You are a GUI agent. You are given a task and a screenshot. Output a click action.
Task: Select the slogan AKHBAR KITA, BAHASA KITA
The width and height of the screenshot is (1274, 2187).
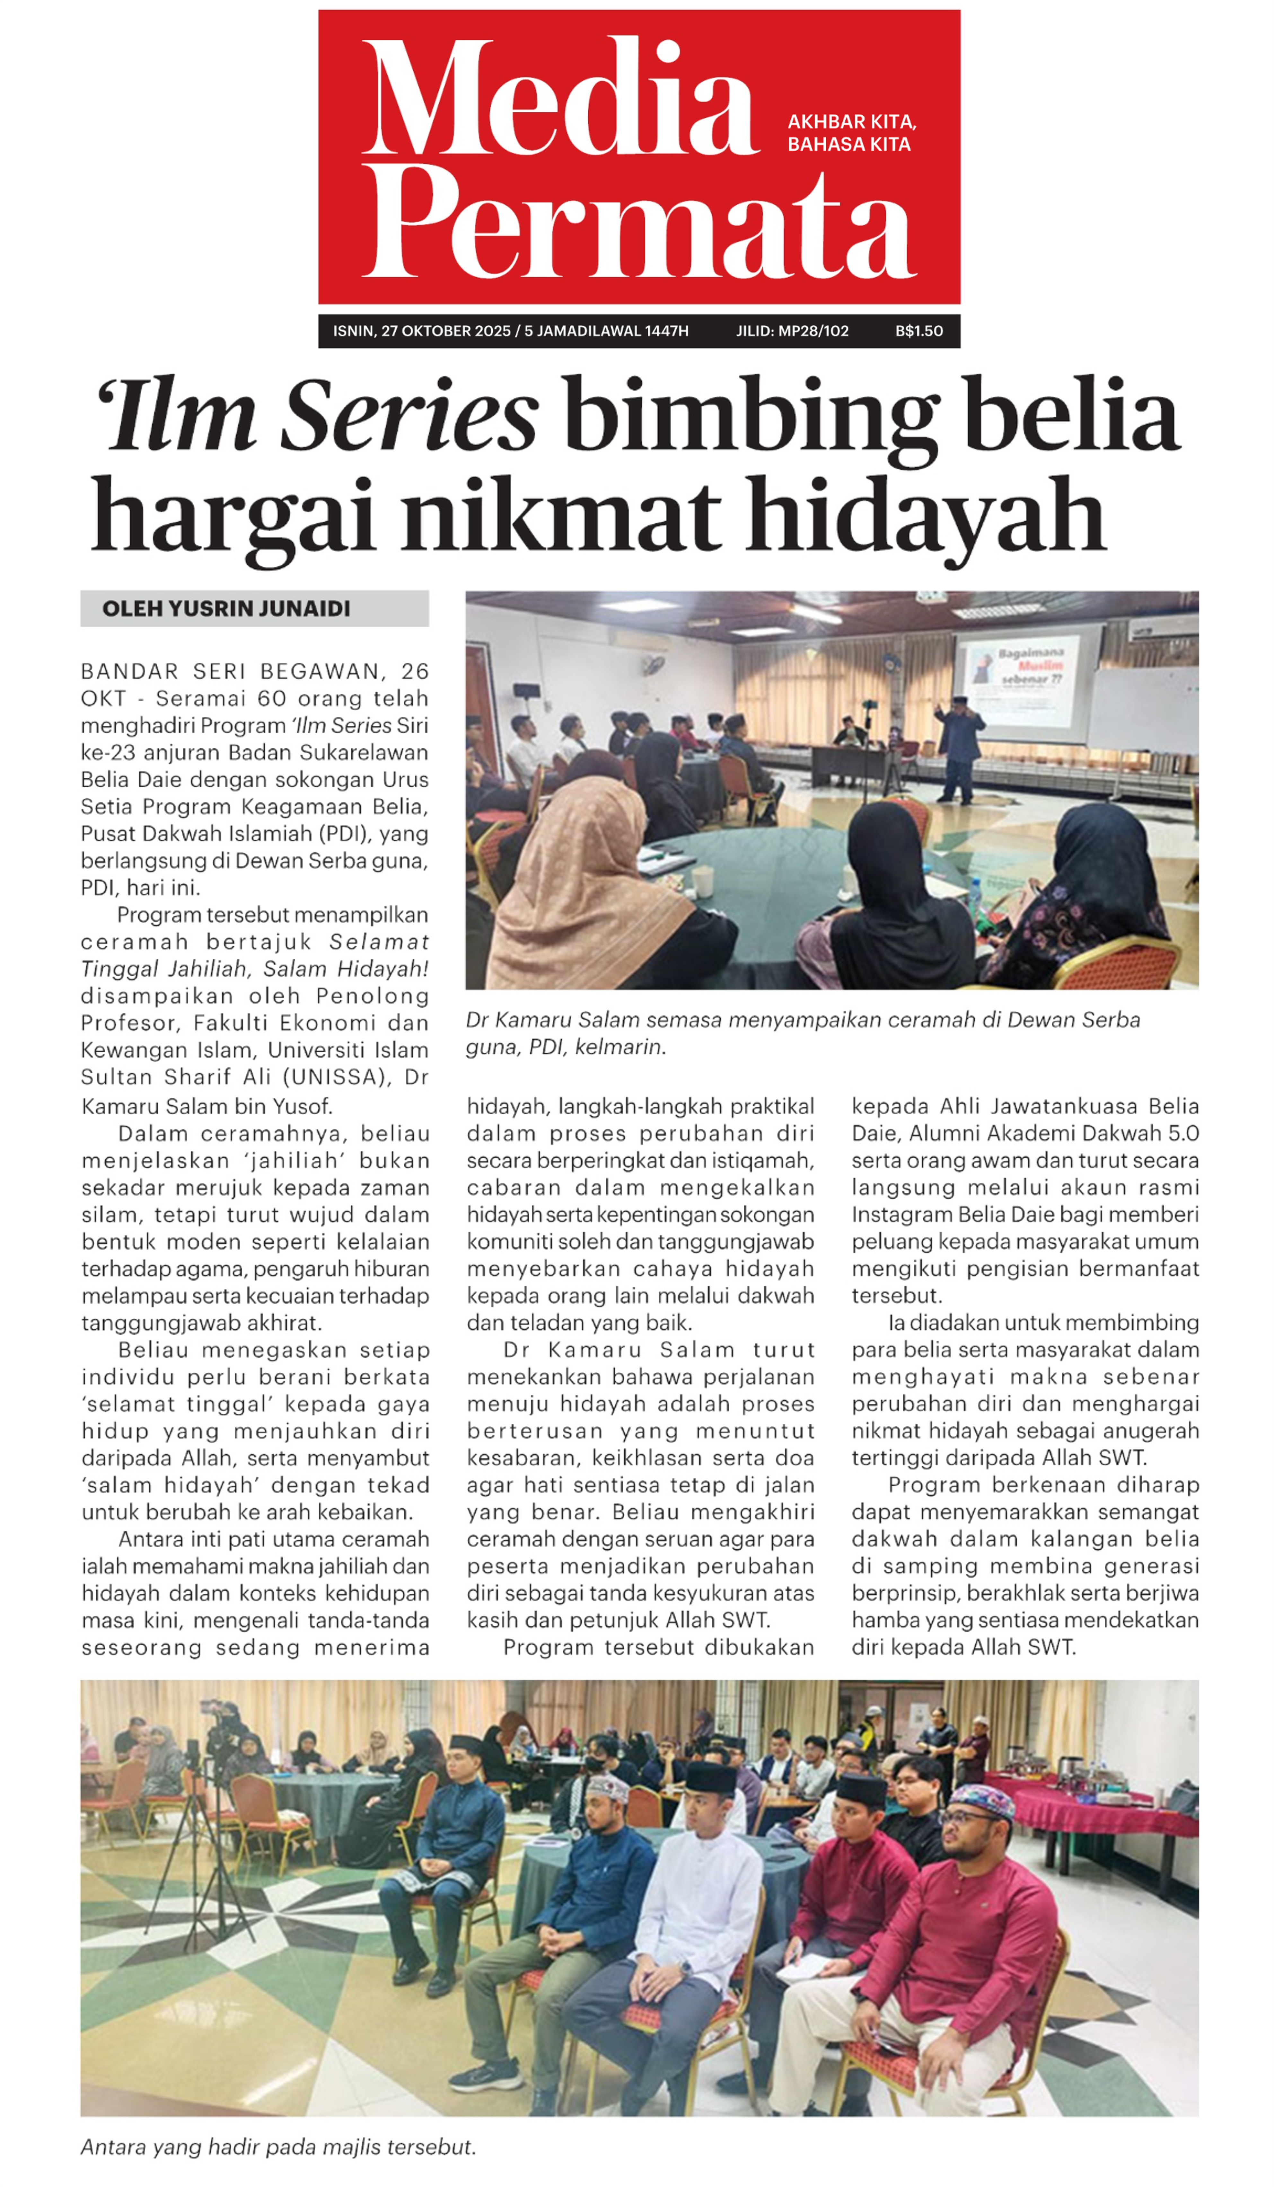pos(851,133)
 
